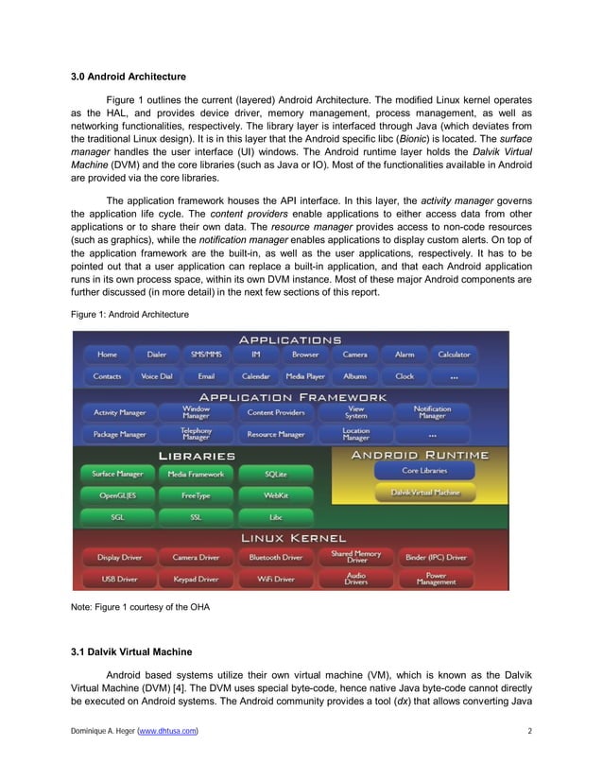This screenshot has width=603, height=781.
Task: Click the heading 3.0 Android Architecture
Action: click(129, 76)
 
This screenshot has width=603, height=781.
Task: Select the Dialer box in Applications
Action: click(156, 355)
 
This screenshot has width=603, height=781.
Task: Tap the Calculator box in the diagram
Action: click(454, 355)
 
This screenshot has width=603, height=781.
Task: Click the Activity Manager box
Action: click(119, 413)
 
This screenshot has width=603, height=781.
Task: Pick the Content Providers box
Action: click(275, 413)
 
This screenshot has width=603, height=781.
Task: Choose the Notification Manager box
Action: click(432, 413)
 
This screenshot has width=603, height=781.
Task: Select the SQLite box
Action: click(276, 474)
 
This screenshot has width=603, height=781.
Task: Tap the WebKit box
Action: click(276, 495)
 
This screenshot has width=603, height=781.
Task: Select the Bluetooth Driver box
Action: click(277, 558)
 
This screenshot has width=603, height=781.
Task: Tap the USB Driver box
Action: click(119, 579)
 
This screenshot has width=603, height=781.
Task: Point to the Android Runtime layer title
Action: click(420, 455)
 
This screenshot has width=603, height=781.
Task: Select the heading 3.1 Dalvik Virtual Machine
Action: click(132, 651)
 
